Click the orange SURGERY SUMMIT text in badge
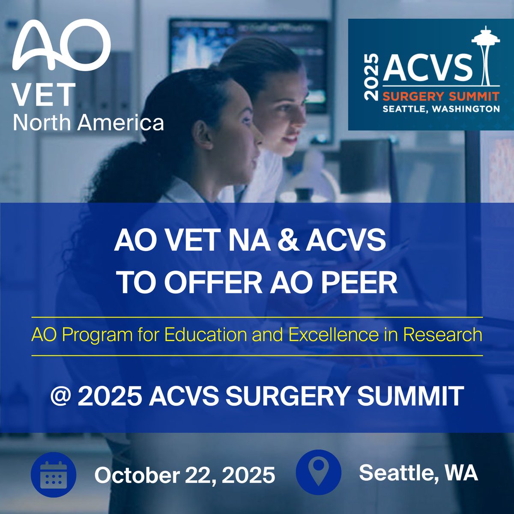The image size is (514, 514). point(441,95)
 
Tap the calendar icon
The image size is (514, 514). point(54,475)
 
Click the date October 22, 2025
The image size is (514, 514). point(185,475)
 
